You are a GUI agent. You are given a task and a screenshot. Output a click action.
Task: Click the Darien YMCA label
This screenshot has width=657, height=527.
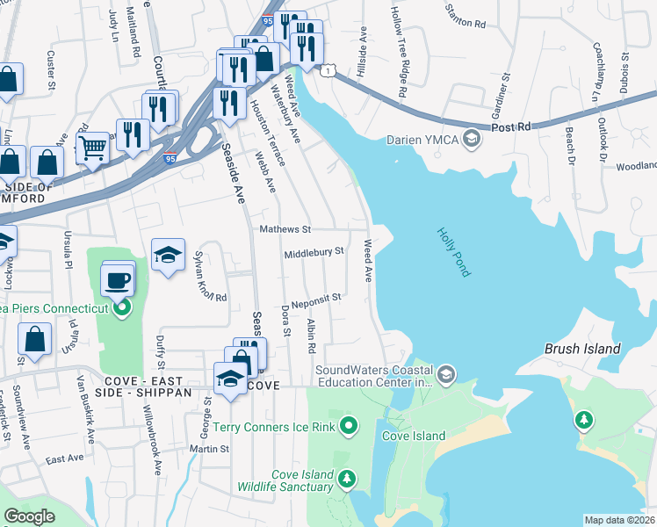point(422,140)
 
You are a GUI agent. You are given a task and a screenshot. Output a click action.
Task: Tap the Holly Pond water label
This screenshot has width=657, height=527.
point(453,252)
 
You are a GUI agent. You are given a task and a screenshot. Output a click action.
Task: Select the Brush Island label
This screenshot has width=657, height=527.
point(582,348)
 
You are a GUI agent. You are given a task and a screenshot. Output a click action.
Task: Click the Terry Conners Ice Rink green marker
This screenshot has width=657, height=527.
point(349,428)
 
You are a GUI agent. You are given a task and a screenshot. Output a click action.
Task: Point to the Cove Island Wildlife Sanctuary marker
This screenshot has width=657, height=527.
point(349,479)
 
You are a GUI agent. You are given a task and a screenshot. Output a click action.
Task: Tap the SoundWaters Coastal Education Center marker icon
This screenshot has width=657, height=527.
point(447,376)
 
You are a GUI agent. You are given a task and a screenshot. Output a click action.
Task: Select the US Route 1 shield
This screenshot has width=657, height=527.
point(328,69)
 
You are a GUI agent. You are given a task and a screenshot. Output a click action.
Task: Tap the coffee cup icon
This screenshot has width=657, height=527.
point(118,281)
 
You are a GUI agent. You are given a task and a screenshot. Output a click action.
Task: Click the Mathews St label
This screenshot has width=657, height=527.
point(285,230)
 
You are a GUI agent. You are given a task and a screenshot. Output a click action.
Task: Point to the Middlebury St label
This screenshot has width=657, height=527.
point(313,253)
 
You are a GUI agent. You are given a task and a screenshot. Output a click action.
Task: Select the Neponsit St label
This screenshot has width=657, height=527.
point(316,298)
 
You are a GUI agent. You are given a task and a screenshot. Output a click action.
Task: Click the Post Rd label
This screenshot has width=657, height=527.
point(511,127)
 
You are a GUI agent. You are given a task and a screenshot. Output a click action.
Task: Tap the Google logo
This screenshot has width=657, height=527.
point(29,516)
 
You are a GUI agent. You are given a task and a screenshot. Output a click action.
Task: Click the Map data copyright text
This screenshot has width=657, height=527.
point(619,520)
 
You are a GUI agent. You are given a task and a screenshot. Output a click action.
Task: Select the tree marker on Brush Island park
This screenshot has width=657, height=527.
point(583,422)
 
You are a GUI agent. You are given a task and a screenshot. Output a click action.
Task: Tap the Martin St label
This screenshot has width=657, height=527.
point(211,448)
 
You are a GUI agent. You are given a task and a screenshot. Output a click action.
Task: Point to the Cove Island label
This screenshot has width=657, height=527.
point(414,436)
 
